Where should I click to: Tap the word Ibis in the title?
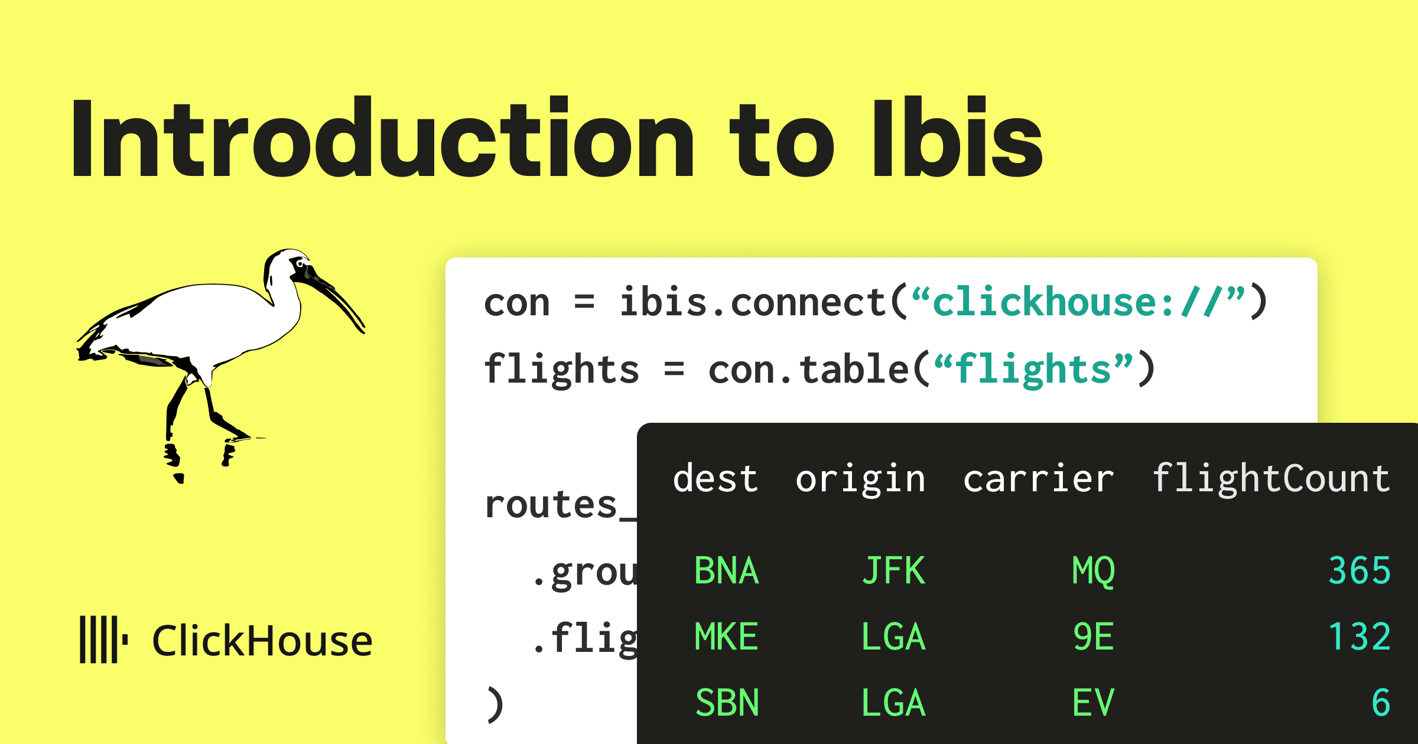point(957,139)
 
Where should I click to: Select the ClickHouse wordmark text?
point(262,641)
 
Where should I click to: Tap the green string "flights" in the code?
point(1033,370)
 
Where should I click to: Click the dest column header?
point(715,478)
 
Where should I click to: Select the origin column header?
point(860,478)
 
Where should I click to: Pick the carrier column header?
point(1038,478)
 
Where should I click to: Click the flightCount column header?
point(1271,478)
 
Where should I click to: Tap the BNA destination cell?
point(726,570)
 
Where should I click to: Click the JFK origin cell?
point(893,570)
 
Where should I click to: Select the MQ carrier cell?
point(1093,570)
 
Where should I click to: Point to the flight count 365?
point(1359,570)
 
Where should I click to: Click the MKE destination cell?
point(726,637)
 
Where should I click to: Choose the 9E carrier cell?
point(1093,637)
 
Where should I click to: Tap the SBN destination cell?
point(727,703)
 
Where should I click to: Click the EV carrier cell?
point(1093,703)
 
